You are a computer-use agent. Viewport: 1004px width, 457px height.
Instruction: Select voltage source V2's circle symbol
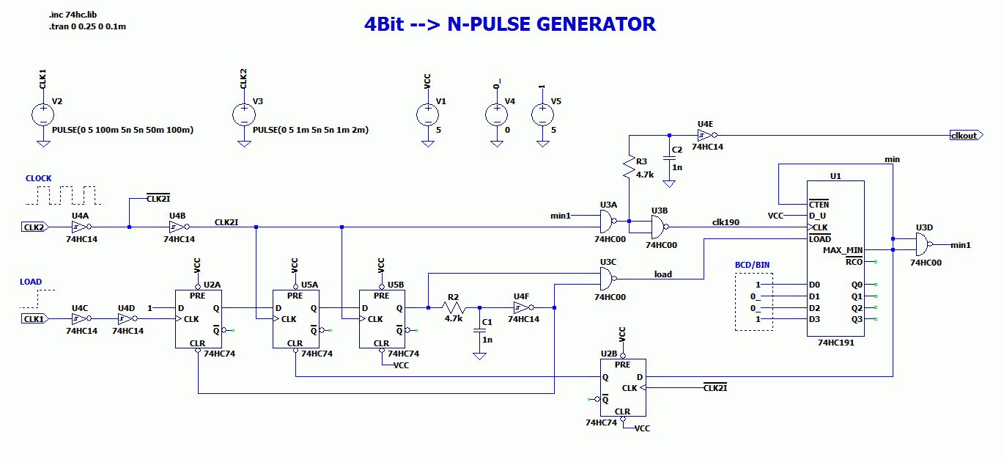(43, 115)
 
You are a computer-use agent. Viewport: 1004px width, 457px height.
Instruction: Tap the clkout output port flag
(967, 135)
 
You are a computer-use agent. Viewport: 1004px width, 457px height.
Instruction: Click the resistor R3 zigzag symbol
(629, 167)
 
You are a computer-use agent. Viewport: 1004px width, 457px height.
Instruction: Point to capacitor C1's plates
(479, 330)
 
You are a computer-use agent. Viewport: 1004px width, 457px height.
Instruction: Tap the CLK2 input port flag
(34, 227)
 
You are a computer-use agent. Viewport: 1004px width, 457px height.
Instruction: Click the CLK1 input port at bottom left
(34, 319)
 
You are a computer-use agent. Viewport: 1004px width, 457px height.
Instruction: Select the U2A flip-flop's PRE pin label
(197, 296)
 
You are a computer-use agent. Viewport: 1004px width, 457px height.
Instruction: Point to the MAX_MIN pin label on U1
(843, 250)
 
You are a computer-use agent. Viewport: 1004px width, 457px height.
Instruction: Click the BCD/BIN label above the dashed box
(752, 265)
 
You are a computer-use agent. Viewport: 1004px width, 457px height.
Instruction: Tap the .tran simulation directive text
(87, 26)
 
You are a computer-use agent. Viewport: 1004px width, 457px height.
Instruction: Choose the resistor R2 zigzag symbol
(454, 307)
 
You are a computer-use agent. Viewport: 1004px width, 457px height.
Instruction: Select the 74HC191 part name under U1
(836, 343)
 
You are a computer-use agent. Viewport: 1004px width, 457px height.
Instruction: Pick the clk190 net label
(726, 222)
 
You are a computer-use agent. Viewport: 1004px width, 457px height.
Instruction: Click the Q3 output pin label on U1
(857, 319)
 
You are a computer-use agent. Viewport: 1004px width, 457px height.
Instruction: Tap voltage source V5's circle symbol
(542, 115)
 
